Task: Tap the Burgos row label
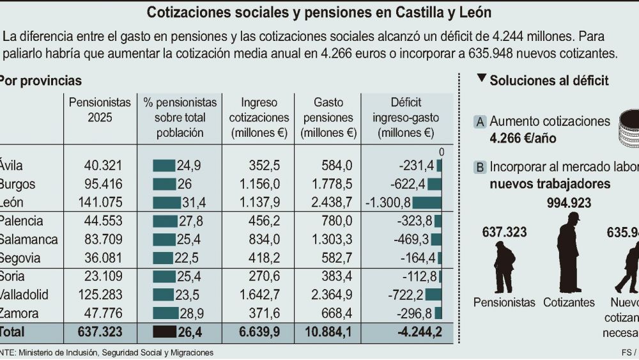click(x=18, y=185)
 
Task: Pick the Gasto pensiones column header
click(x=328, y=118)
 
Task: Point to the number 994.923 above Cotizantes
click(x=569, y=203)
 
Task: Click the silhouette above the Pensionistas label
click(x=504, y=267)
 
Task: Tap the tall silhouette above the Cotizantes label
click(x=568, y=253)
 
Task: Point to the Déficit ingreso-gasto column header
click(x=406, y=118)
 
